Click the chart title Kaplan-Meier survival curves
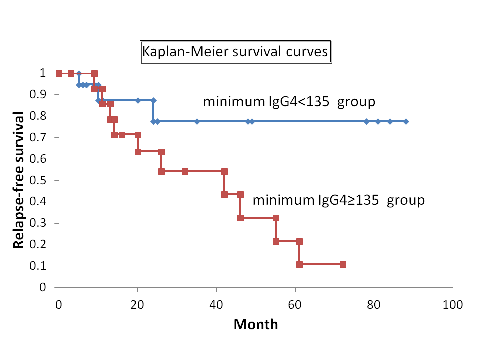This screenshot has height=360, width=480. click(235, 52)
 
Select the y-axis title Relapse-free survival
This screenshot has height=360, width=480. click(19, 180)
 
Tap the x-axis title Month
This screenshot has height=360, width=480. click(256, 324)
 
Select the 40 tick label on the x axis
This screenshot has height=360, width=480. click(216, 304)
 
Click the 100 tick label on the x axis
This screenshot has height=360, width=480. click(453, 304)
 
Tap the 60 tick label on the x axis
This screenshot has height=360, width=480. click(295, 304)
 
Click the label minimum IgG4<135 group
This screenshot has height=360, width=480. click(289, 102)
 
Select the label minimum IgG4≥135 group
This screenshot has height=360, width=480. click(338, 201)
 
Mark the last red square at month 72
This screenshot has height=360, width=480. click(343, 264)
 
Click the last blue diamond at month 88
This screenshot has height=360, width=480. click(406, 121)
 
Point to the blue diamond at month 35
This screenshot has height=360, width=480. click(197, 121)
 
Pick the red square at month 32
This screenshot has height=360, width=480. click(185, 171)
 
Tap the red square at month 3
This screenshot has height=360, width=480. click(71, 73)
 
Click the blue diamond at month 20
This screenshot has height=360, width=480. click(138, 100)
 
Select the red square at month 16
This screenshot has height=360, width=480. click(122, 135)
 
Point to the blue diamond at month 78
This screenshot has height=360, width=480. click(366, 121)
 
